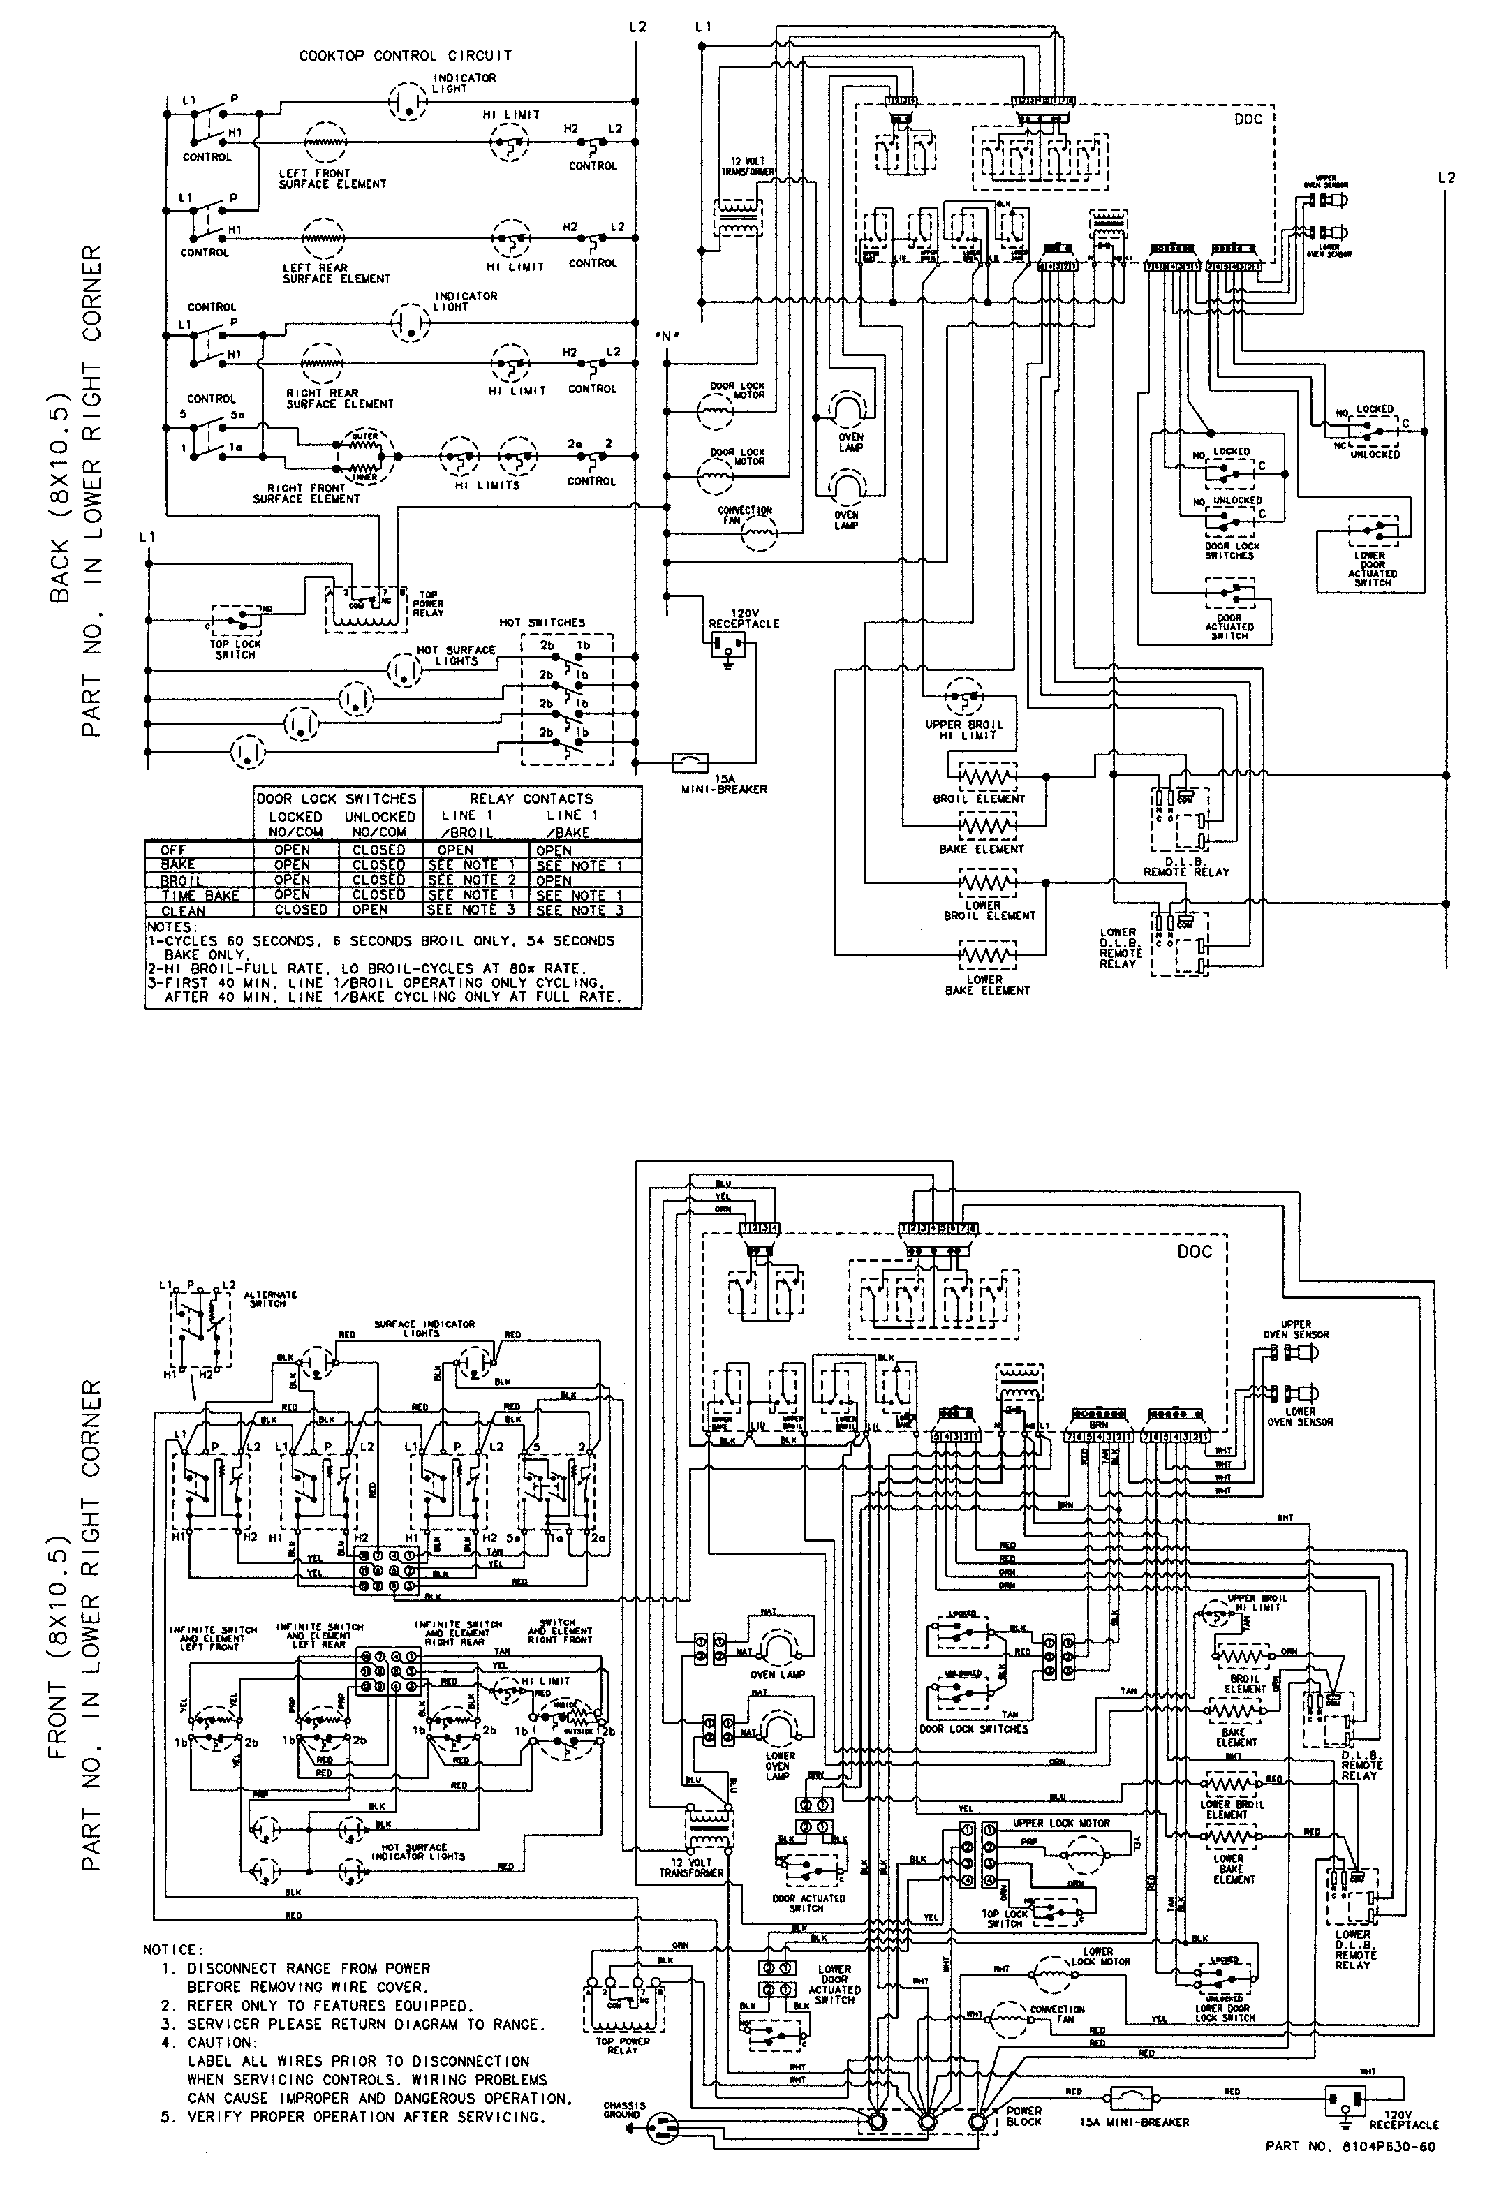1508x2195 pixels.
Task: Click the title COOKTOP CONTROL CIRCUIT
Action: (x=406, y=56)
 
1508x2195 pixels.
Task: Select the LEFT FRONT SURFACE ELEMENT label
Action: (x=332, y=179)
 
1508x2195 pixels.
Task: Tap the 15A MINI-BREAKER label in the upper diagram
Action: (x=724, y=783)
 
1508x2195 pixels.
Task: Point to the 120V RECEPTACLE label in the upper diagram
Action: (x=744, y=618)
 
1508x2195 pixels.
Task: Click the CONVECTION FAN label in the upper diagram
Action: (x=744, y=515)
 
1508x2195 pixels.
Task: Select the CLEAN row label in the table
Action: (x=184, y=911)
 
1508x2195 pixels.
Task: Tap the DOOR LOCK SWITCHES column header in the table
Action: (x=337, y=799)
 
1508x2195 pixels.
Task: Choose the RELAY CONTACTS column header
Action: (x=531, y=799)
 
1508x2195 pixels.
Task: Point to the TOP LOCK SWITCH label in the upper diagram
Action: (x=235, y=649)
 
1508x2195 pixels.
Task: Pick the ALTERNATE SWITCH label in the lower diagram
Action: (x=269, y=1299)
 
